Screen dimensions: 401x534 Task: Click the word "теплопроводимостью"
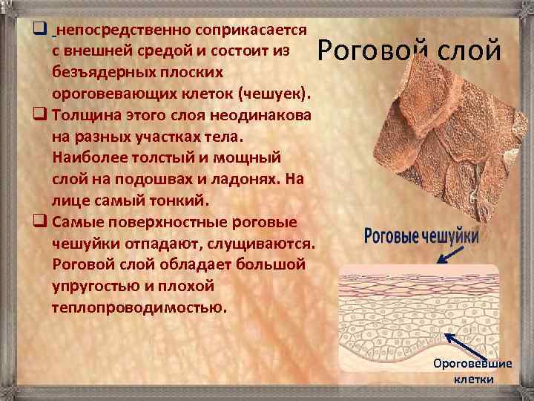tap(139, 307)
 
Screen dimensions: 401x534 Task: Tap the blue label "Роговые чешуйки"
tap(422, 237)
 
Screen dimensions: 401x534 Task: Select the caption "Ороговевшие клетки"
tap(473, 371)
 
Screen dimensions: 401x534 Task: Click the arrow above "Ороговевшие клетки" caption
tap(451, 346)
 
